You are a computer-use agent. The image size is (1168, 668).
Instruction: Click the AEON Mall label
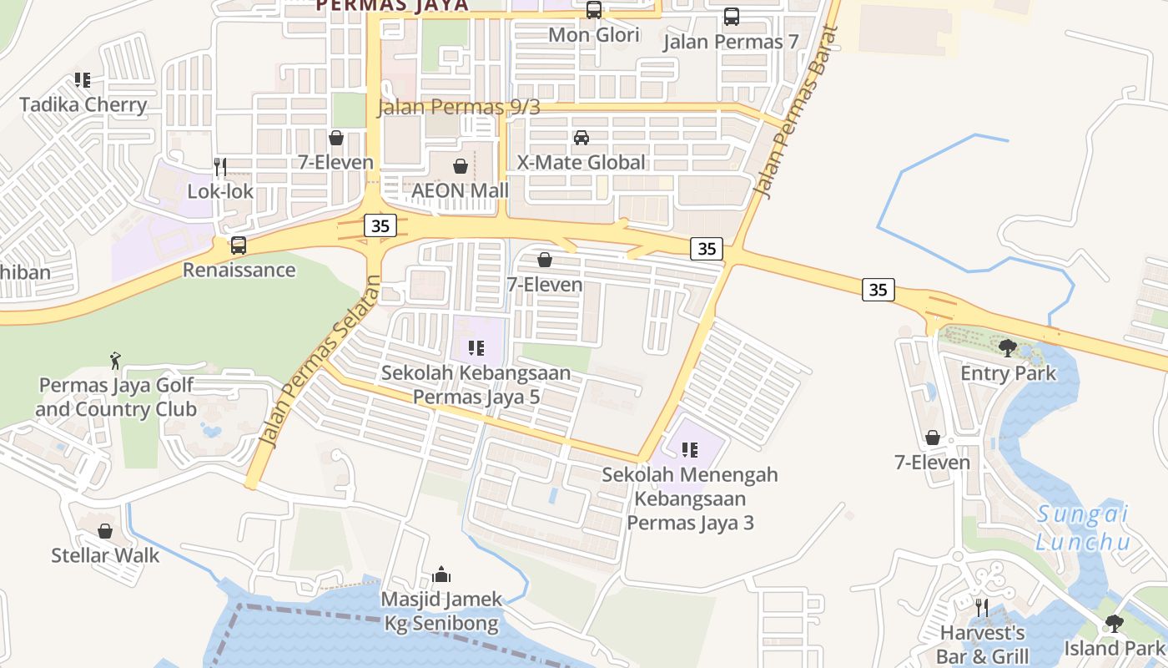click(460, 190)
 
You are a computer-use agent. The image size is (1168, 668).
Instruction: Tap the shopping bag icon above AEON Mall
click(460, 166)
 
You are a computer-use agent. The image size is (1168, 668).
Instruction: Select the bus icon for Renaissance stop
click(239, 245)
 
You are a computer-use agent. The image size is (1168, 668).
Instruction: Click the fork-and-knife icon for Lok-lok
click(220, 166)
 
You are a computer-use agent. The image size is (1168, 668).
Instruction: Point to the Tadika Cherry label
click(83, 105)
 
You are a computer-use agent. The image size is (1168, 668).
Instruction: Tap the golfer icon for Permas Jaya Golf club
click(115, 361)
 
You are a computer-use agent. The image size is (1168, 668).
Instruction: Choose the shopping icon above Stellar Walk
click(105, 531)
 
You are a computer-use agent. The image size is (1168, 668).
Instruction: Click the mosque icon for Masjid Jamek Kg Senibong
click(442, 574)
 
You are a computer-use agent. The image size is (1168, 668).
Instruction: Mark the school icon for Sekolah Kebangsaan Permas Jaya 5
click(476, 348)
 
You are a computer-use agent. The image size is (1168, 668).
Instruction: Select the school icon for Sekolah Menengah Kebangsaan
click(690, 450)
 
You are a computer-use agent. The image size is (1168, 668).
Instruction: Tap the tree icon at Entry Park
click(1008, 347)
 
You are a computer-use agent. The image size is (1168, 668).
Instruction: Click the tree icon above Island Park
click(1114, 623)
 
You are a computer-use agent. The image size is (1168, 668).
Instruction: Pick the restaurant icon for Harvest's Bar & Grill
click(982, 607)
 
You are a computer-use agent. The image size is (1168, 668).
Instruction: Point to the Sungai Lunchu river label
click(1083, 528)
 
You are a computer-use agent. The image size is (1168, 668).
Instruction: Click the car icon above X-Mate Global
click(581, 138)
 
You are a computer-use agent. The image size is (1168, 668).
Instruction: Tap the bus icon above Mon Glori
click(594, 10)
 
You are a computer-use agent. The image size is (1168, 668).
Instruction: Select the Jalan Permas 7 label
click(731, 42)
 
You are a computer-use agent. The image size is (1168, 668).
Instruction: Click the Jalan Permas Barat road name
click(795, 113)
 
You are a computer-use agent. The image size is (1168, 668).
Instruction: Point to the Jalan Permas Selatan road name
click(319, 363)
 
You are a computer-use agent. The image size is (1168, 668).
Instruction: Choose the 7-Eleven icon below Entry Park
click(933, 438)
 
